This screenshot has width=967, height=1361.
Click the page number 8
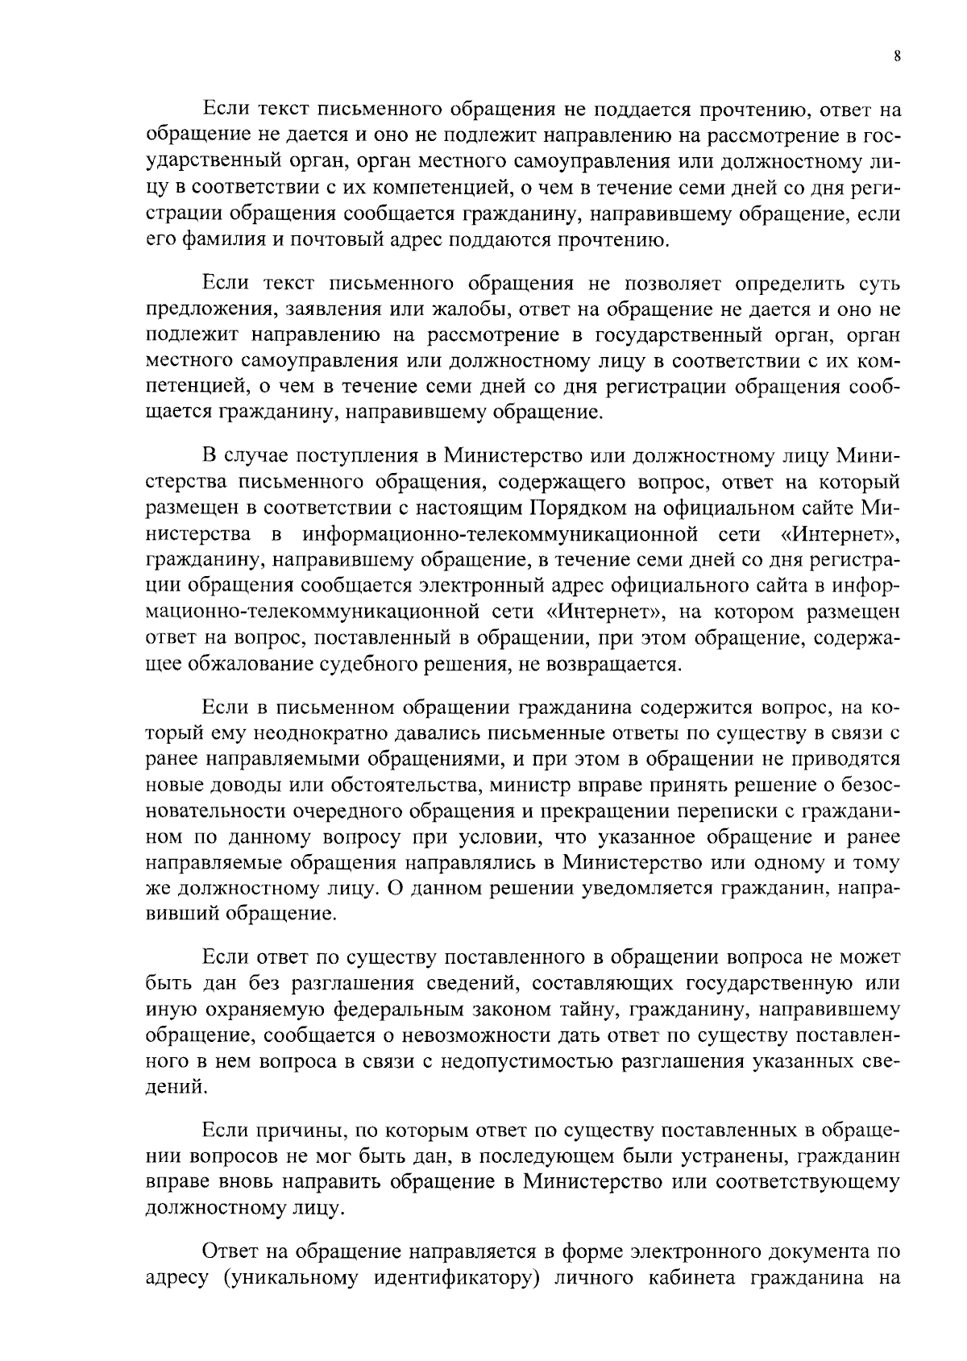pos(897,56)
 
